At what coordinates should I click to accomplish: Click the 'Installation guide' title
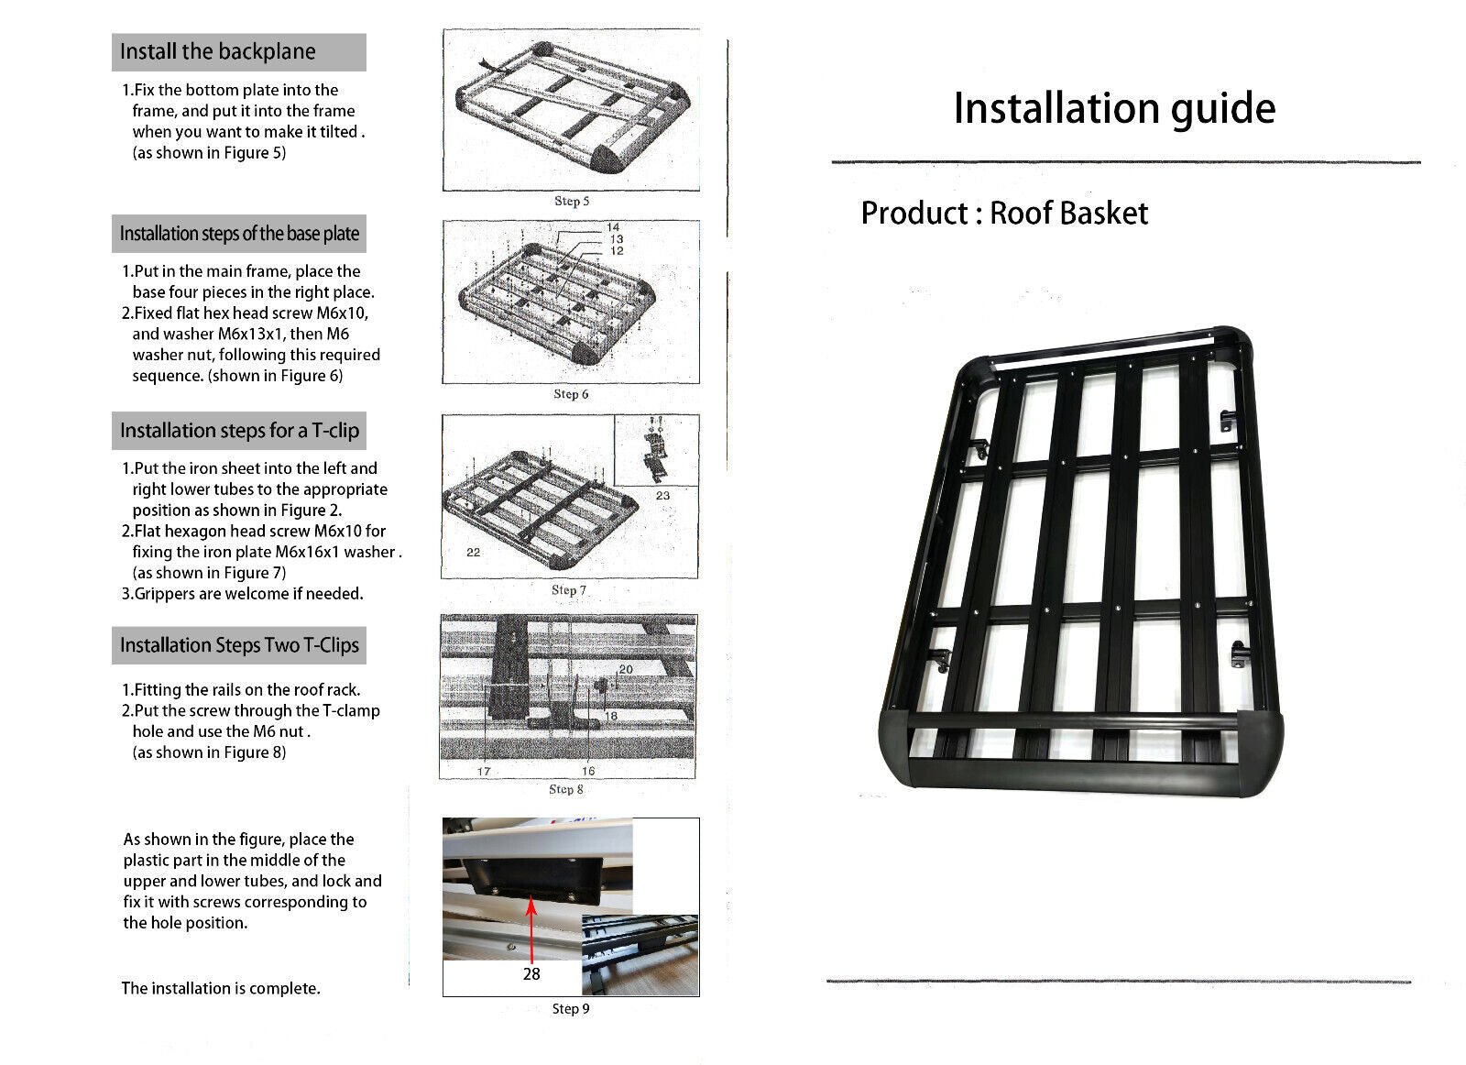(x=1113, y=108)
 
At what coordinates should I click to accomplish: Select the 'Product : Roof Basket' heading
(x=1003, y=214)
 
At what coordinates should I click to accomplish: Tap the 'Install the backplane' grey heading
(x=218, y=52)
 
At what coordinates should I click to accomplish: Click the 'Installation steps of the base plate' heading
(x=239, y=234)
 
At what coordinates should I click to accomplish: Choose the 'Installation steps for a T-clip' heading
(x=239, y=431)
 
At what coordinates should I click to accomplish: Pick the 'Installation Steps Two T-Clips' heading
(x=239, y=645)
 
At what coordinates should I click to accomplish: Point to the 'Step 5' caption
(x=572, y=201)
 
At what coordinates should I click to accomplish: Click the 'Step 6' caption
(x=571, y=394)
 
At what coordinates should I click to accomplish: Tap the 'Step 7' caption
(x=569, y=590)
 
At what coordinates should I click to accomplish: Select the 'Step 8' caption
(x=566, y=789)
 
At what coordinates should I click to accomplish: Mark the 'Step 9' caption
(x=571, y=1008)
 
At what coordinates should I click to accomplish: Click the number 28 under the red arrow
(x=531, y=974)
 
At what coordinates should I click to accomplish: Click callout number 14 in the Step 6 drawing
(x=613, y=227)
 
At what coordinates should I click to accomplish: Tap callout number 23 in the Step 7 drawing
(x=662, y=496)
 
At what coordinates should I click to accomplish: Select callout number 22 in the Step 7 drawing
(x=473, y=553)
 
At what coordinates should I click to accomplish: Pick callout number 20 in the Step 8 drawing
(x=626, y=670)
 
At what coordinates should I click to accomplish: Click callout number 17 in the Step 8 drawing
(x=484, y=772)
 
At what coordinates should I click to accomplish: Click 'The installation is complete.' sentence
(x=221, y=988)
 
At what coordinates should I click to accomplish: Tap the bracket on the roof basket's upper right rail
(x=1228, y=421)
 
